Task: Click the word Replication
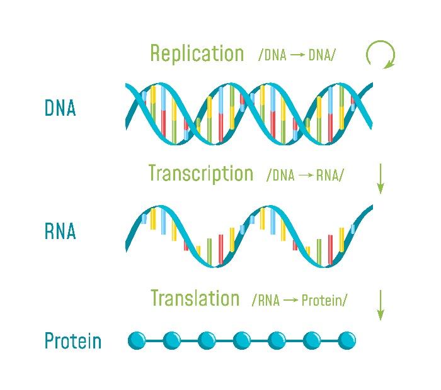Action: (x=197, y=53)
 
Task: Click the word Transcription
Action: (x=201, y=173)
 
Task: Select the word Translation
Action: (x=195, y=298)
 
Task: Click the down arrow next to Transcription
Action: (x=381, y=179)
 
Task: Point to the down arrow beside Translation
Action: (x=381, y=305)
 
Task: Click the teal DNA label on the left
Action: (x=60, y=108)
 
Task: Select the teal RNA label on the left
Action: (x=60, y=231)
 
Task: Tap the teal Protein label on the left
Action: (x=73, y=340)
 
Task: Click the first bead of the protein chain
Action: (x=137, y=340)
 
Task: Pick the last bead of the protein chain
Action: (x=346, y=340)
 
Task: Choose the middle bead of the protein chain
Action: (x=242, y=340)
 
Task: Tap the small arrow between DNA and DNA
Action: (x=297, y=55)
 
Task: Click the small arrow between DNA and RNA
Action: (x=306, y=175)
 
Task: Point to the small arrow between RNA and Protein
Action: (x=291, y=300)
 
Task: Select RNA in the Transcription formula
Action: (x=328, y=175)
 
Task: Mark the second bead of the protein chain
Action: (x=172, y=340)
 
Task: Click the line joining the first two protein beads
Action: (x=154, y=340)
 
